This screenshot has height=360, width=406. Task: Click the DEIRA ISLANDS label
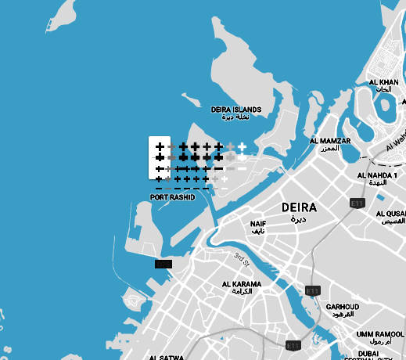(236, 110)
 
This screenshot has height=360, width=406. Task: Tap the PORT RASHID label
(172, 198)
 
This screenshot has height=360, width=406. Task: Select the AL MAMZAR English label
(329, 141)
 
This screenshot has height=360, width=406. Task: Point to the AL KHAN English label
(383, 82)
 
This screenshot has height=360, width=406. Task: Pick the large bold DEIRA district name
(298, 208)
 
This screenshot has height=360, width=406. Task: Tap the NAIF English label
(258, 224)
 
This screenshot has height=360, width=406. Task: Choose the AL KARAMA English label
(242, 284)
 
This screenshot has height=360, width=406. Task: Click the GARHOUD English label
(342, 306)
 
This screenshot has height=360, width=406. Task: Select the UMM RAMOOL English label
(378, 334)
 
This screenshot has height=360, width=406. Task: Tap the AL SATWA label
(166, 356)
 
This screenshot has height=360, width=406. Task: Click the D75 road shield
(163, 265)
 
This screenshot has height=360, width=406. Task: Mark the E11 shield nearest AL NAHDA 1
(357, 203)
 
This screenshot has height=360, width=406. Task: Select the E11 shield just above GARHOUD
(313, 290)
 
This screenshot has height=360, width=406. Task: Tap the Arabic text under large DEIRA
(297, 220)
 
